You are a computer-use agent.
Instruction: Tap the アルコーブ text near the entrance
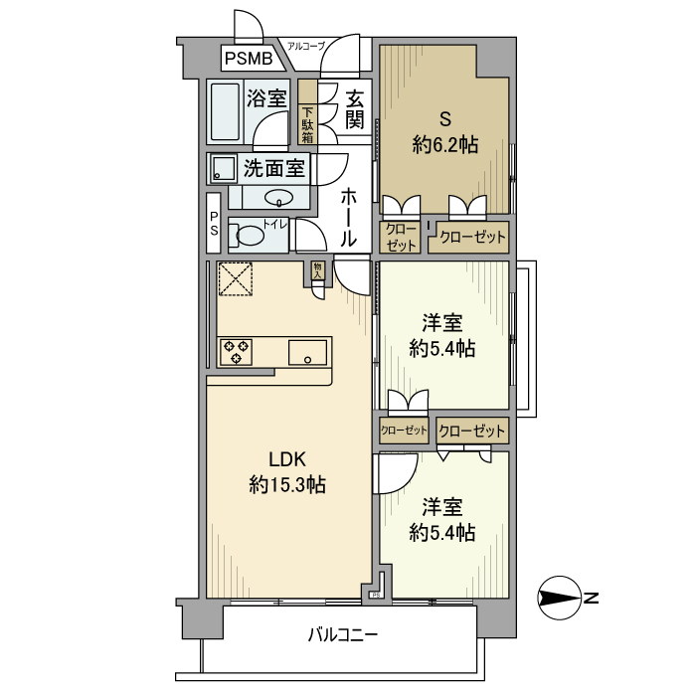[x=305, y=46]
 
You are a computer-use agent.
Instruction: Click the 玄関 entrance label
[x=354, y=109]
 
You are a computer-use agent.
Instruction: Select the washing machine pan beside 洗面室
[x=224, y=168]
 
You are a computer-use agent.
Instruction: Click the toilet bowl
[x=250, y=237]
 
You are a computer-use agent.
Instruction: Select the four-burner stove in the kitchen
[x=237, y=351]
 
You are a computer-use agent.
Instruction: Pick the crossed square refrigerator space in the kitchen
[x=236, y=278]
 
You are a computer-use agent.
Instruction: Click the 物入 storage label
[x=317, y=269]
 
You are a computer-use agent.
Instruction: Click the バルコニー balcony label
[x=342, y=634]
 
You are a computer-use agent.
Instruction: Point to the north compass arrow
[x=558, y=599]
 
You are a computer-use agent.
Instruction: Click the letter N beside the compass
[x=591, y=599]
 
